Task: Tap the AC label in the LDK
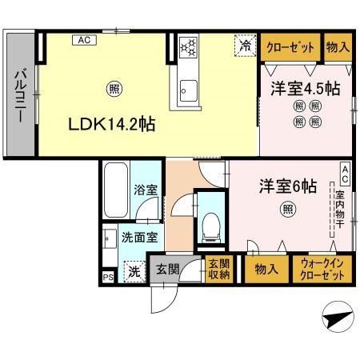(x=82, y=38)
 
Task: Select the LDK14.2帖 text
(x=111, y=124)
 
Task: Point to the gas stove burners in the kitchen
(x=189, y=48)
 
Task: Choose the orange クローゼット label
(x=290, y=47)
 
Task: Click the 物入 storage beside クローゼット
(x=338, y=47)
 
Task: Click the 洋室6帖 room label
(x=287, y=186)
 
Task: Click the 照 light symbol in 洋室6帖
(x=286, y=210)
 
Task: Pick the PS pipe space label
(x=107, y=278)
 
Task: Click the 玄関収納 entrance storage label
(x=218, y=269)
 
